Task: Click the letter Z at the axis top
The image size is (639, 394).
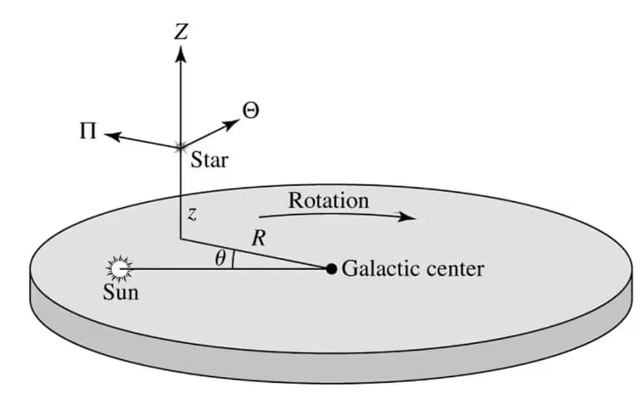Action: coord(181,32)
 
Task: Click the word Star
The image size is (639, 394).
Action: coord(209,159)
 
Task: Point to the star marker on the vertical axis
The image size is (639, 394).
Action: coord(181,148)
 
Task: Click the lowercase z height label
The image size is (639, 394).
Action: coord(191,214)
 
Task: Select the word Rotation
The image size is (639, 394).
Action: coord(328,200)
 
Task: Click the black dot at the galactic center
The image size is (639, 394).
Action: coord(331,268)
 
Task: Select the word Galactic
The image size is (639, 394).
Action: coord(379,269)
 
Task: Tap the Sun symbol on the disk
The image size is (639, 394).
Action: coord(120,268)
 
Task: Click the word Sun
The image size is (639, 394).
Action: coord(121,293)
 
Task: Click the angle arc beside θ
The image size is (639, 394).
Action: coord(233,261)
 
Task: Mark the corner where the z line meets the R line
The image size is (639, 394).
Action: coord(181,240)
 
